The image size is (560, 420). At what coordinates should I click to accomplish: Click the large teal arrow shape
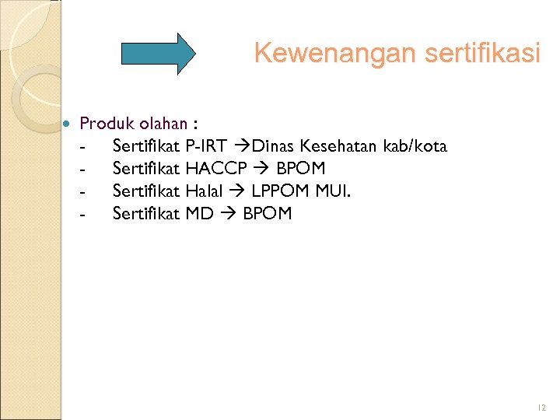(x=159, y=53)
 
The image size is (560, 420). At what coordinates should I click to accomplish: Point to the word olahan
(x=163, y=124)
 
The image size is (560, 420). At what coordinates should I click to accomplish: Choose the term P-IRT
(x=206, y=146)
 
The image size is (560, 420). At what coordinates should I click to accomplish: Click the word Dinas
(x=274, y=146)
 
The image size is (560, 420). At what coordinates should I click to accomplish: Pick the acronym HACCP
(x=217, y=169)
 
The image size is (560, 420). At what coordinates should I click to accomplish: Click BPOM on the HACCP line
(x=300, y=169)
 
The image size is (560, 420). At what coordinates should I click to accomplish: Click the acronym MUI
(x=333, y=191)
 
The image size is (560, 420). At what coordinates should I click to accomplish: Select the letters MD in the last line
(x=199, y=213)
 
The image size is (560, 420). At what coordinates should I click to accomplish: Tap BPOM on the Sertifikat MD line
(x=267, y=213)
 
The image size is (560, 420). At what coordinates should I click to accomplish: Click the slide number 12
(x=541, y=408)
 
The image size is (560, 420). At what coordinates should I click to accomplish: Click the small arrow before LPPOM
(x=238, y=191)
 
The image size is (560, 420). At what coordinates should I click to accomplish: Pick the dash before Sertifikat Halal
(x=81, y=191)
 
